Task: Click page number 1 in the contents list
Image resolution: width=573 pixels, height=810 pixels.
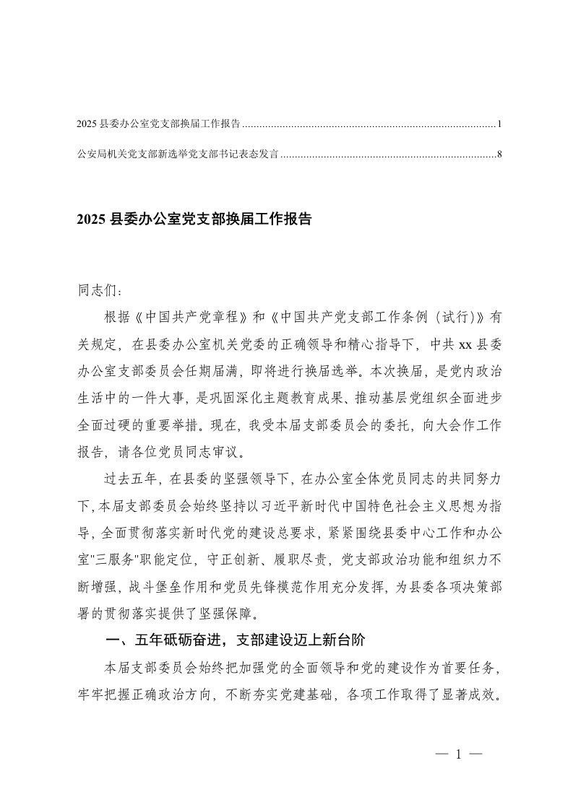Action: pos(499,125)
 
